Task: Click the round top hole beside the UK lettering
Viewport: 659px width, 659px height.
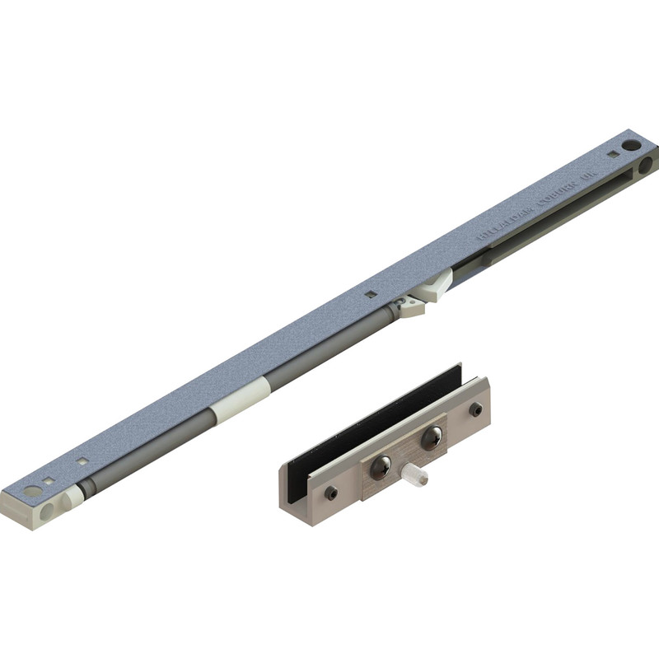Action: (x=631, y=145)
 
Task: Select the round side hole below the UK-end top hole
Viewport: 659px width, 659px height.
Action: (x=645, y=165)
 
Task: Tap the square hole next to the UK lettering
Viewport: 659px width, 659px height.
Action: (x=613, y=153)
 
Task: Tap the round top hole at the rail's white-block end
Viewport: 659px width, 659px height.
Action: (x=32, y=491)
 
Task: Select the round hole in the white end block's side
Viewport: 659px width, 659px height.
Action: (x=47, y=511)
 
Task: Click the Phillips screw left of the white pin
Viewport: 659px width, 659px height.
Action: (x=380, y=468)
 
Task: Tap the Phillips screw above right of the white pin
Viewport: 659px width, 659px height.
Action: (x=431, y=437)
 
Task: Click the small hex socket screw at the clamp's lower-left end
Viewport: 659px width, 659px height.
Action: (x=330, y=493)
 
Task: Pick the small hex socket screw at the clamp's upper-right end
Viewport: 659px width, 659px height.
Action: (x=476, y=409)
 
